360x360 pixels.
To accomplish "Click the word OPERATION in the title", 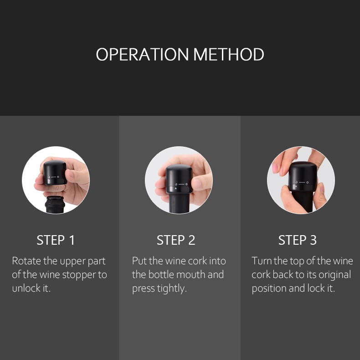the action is (x=142, y=54).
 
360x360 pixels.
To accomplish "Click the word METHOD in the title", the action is (x=229, y=54).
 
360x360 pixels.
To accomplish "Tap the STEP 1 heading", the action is (x=56, y=240).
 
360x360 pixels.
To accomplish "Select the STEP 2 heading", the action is (x=176, y=240).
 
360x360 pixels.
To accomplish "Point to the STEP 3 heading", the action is (x=298, y=240).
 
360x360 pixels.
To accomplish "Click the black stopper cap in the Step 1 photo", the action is (x=55, y=172).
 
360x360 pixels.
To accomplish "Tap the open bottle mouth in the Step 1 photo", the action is (x=55, y=204).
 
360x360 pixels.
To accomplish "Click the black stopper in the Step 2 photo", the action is (x=179, y=179).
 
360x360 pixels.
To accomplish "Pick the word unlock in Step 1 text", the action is (x=26, y=288).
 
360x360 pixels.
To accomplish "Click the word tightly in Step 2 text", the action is (x=171, y=289).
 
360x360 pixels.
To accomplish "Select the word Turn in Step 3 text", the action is (x=262, y=261).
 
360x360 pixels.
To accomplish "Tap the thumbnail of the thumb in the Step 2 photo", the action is (x=197, y=183).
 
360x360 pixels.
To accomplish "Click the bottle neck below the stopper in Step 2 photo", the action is (x=179, y=203).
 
